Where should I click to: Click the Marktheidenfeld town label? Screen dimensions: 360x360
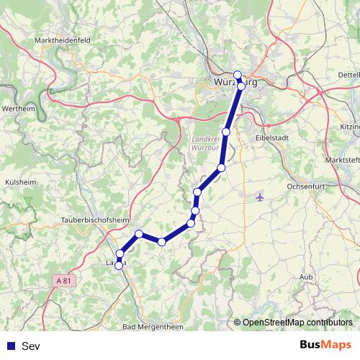click(61, 41)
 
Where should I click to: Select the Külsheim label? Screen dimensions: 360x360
click(19, 183)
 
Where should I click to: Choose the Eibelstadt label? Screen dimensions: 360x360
click(273, 136)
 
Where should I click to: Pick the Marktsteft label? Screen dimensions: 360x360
click(342, 159)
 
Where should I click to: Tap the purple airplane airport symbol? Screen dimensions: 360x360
click(260, 196)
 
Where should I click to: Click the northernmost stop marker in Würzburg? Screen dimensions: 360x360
click(238, 75)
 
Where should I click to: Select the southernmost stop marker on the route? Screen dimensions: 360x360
click(119, 266)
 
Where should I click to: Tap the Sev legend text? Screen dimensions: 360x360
click(30, 346)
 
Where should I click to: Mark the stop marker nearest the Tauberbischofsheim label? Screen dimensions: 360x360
click(139, 234)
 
